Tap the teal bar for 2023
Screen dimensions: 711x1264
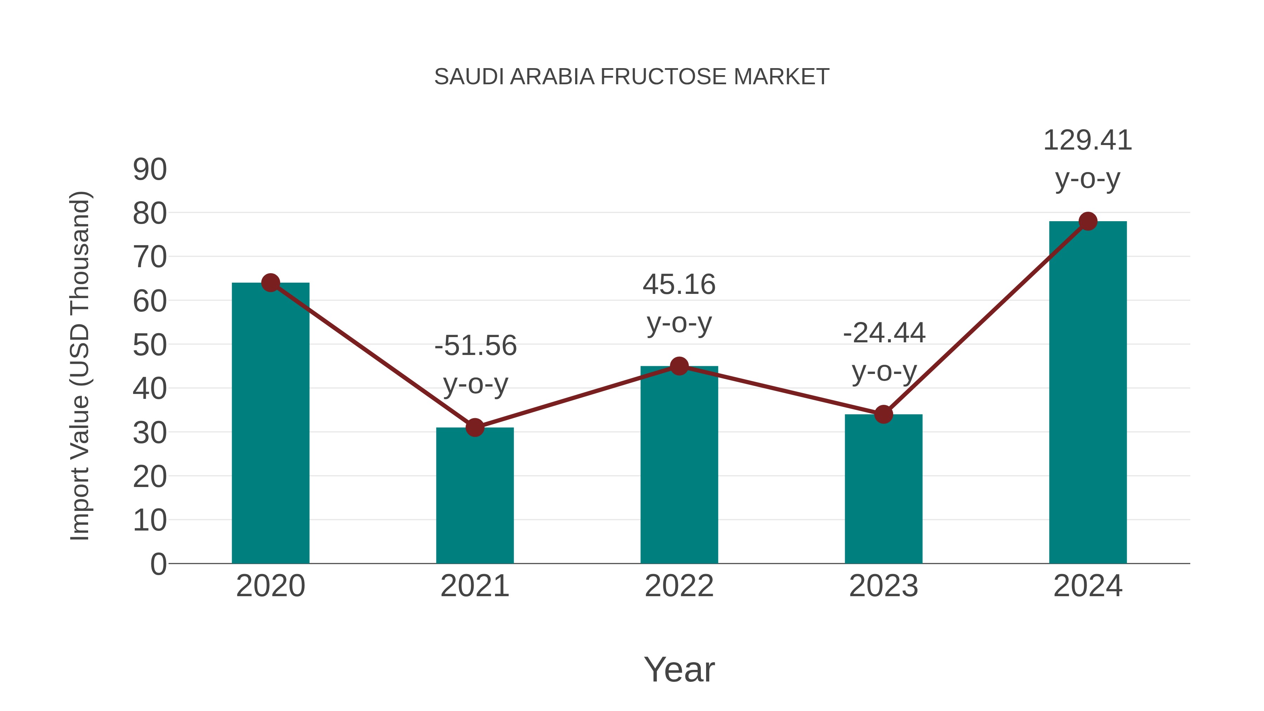[x=883, y=489]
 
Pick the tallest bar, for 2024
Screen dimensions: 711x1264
[x=1088, y=393]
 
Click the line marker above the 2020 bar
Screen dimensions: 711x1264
[x=270, y=283]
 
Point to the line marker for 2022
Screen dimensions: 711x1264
[x=679, y=366]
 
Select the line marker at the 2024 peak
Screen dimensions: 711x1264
[x=1088, y=221]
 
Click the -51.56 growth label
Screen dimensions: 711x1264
[x=475, y=345]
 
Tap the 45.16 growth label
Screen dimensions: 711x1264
[x=679, y=285]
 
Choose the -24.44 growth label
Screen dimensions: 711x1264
[x=884, y=333]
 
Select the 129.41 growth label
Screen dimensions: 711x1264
[x=1087, y=140]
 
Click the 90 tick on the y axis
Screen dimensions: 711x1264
[x=150, y=170]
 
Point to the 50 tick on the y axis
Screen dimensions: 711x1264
[x=150, y=345]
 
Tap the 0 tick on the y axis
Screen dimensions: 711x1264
[x=158, y=564]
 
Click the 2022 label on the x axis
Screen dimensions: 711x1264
[x=679, y=586]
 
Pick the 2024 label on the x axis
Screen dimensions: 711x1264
[x=1088, y=586]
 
